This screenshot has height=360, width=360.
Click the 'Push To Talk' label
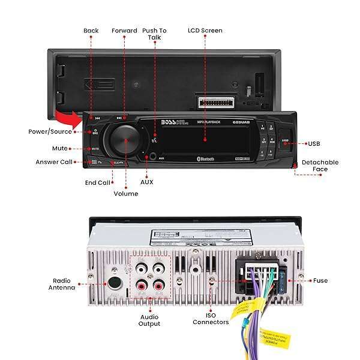coord(155,34)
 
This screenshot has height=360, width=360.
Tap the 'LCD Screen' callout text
coord(205,30)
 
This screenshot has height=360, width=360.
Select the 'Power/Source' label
coord(50,131)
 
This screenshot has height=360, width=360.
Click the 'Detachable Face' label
coord(320,166)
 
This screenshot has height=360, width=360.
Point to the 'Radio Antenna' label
coord(62,284)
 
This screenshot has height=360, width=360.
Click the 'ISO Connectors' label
coord(211,318)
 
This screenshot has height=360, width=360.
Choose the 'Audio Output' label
coord(149,320)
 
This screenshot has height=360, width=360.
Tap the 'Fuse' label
coord(320,280)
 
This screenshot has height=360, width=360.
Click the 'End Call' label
coord(97,183)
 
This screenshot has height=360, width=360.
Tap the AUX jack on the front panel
coord(154,158)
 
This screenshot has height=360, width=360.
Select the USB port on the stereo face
coord(285,143)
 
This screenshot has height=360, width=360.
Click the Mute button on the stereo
coord(95,148)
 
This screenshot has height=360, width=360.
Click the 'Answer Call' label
coord(55,162)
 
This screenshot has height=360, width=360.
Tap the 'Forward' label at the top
coord(124,30)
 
